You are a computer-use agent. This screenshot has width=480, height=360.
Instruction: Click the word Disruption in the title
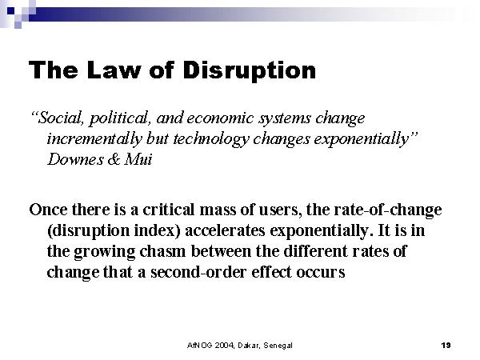coord(249,71)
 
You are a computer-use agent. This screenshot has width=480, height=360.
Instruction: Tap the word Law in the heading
coord(114,70)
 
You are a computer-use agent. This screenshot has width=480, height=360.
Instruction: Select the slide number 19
coord(446,346)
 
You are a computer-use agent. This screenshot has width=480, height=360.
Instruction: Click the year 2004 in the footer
coord(224,346)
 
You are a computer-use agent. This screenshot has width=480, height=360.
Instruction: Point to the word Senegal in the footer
coord(278,346)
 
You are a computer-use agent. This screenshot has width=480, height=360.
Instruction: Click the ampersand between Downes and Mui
coord(114,159)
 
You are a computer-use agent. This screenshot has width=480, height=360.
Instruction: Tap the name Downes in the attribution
coord(75,159)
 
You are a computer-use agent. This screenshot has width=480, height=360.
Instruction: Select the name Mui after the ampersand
coord(138,159)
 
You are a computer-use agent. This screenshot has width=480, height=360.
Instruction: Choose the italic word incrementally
coord(94,139)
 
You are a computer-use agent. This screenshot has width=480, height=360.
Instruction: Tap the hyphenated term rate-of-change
coord(388,210)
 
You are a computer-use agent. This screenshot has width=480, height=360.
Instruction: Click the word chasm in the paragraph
coord(162,251)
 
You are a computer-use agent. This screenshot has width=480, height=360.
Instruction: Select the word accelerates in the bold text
coord(225,230)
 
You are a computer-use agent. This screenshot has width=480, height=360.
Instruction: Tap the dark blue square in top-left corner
coord(10,11)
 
